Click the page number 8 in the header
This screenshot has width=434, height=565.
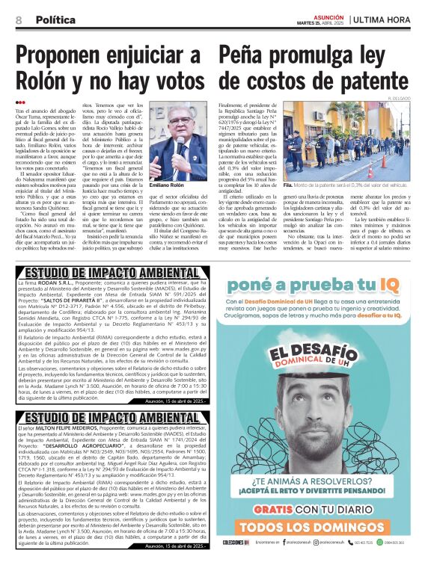pos(18,19)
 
